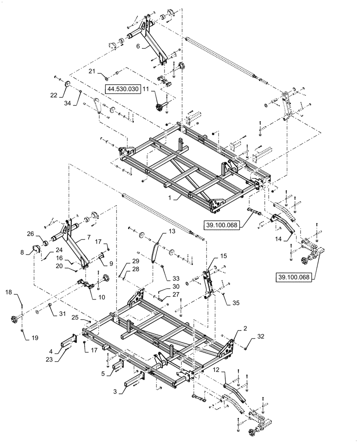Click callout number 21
pyautogui.click(x=90, y=71)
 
